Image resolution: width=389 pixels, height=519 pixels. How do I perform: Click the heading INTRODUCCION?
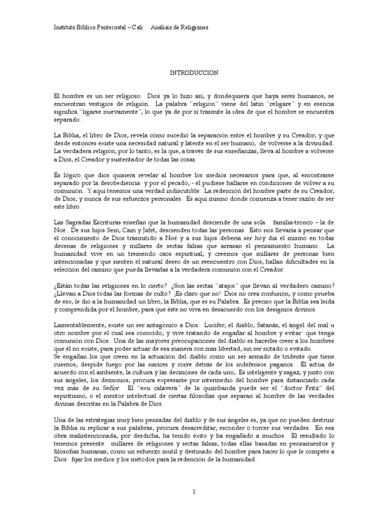[x=194, y=73]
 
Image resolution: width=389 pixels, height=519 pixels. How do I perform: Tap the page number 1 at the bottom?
[x=194, y=491]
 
